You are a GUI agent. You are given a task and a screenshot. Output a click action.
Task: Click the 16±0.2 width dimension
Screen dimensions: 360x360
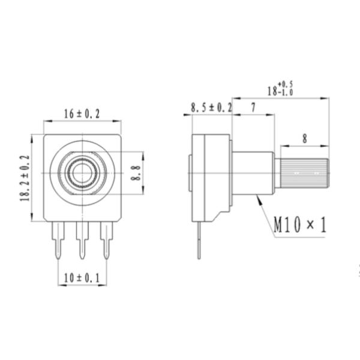pyautogui.click(x=82, y=113)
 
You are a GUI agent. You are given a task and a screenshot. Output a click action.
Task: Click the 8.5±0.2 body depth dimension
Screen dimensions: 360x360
pyautogui.click(x=211, y=107)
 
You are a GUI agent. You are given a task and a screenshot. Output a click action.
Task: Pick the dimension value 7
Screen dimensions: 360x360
pyautogui.click(x=254, y=107)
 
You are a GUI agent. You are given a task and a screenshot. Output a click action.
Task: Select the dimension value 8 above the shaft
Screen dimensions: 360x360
pyautogui.click(x=304, y=139)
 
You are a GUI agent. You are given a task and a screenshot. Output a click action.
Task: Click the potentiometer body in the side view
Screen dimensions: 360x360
pyautogui.click(x=210, y=174)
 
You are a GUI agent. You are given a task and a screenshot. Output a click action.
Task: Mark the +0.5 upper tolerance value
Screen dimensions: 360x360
pyautogui.click(x=286, y=83)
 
